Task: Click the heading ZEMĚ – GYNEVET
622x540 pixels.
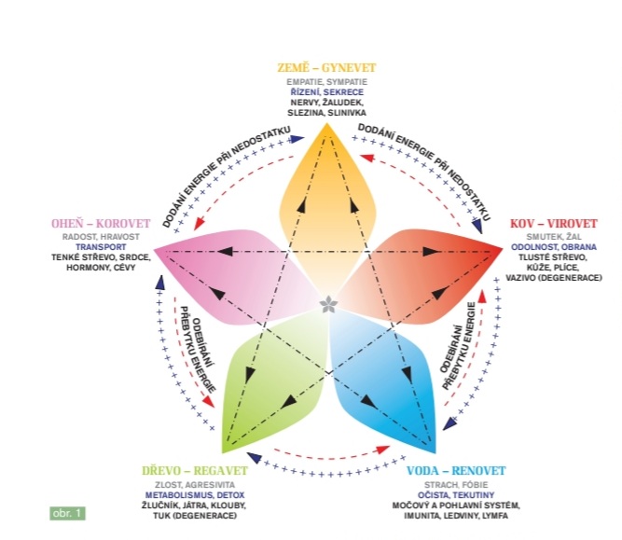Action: pyautogui.click(x=326, y=68)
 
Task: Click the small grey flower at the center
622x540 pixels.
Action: pyautogui.click(x=327, y=304)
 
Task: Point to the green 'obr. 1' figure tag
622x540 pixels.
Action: pyautogui.click(x=68, y=512)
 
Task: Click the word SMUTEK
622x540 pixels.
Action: pyautogui.click(x=534, y=237)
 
